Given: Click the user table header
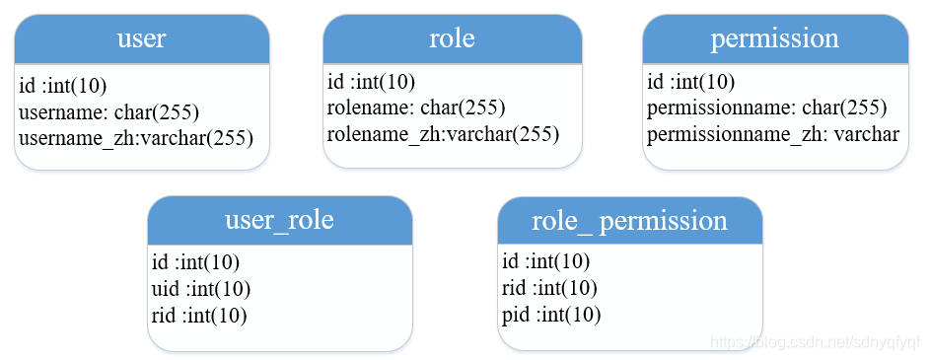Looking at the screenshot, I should click(141, 39).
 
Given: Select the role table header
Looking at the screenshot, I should click(452, 39).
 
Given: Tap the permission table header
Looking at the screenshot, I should click(774, 39).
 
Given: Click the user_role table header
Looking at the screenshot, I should click(279, 220).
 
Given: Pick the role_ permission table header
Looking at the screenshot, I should click(629, 221).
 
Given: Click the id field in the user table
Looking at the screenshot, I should click(63, 86).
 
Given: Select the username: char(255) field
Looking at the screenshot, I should click(109, 111).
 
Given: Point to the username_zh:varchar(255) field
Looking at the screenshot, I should click(136, 137).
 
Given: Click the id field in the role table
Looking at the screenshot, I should click(372, 82).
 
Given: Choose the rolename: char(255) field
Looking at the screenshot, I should click(416, 108).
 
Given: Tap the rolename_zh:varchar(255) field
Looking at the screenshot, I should click(443, 133).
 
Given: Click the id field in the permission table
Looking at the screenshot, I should click(691, 82).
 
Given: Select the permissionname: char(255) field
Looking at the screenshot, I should click(766, 108).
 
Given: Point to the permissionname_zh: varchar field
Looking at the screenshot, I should click(772, 133).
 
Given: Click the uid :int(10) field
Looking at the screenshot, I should click(201, 289).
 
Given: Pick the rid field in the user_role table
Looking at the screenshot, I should click(199, 315).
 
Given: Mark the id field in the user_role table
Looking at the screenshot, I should click(196, 263).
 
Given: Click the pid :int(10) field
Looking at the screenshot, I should click(551, 314).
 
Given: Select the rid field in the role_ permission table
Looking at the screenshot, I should click(549, 288).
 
